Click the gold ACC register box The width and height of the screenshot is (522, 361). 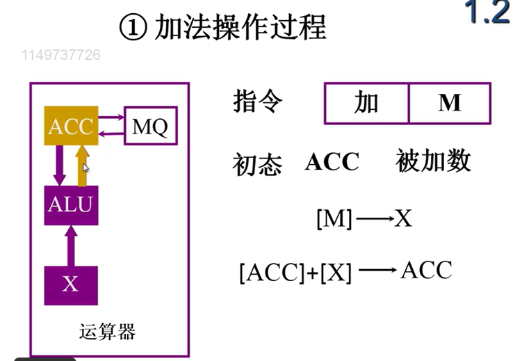click(71, 126)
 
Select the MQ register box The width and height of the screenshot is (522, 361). click(150, 126)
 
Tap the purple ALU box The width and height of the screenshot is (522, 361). click(71, 205)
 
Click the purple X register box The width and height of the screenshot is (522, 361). click(70, 284)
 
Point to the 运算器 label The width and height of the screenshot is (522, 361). click(108, 331)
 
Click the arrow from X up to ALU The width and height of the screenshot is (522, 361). click(70, 244)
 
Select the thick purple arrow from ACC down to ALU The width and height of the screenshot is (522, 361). click(60, 165)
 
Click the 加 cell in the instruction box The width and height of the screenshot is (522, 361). click(366, 103)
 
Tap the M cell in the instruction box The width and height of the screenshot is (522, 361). click(450, 103)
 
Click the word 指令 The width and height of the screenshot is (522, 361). click(258, 102)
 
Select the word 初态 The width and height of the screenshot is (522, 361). click(258, 166)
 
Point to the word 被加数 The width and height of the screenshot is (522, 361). click(434, 161)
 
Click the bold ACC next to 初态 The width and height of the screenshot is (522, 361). click(332, 162)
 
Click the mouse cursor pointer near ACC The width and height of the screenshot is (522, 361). click(86, 167)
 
